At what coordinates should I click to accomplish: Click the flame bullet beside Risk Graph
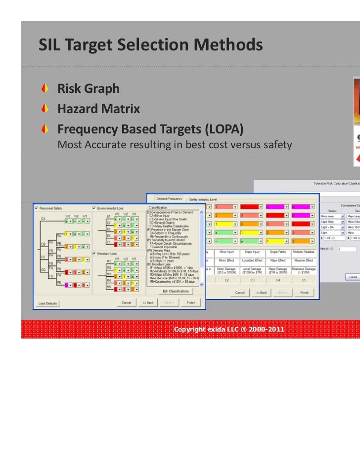(45, 89)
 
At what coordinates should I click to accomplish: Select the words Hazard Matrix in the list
(98, 109)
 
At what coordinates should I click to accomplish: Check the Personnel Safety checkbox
(37, 208)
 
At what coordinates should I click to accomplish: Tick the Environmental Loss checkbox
(94, 208)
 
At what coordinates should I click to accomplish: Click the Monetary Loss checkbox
(94, 253)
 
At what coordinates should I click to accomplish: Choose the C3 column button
(252, 280)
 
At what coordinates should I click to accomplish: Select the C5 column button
(303, 280)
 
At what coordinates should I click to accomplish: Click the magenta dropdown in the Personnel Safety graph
(68, 285)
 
